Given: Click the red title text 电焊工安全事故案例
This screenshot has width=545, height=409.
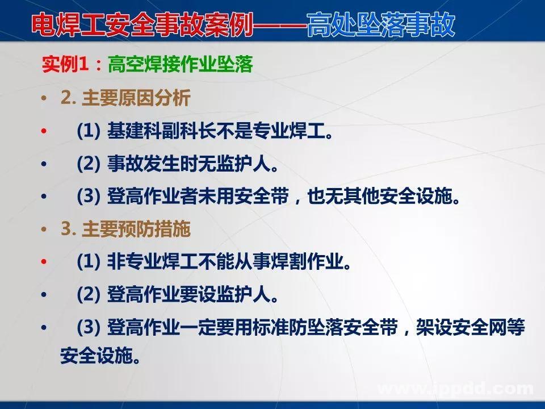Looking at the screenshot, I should [142, 25].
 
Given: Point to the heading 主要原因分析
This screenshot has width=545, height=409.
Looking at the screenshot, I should [136, 98].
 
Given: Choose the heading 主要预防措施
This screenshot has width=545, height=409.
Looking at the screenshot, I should [136, 229].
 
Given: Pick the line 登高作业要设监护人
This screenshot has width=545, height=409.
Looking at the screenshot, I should [187, 295].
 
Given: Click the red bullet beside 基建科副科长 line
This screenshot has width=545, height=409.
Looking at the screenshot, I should [44, 132].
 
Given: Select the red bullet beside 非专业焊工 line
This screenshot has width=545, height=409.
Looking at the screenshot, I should [44, 262].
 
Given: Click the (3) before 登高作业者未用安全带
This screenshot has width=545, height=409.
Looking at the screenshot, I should [88, 197].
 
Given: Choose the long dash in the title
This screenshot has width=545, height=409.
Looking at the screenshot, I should [278, 25].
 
